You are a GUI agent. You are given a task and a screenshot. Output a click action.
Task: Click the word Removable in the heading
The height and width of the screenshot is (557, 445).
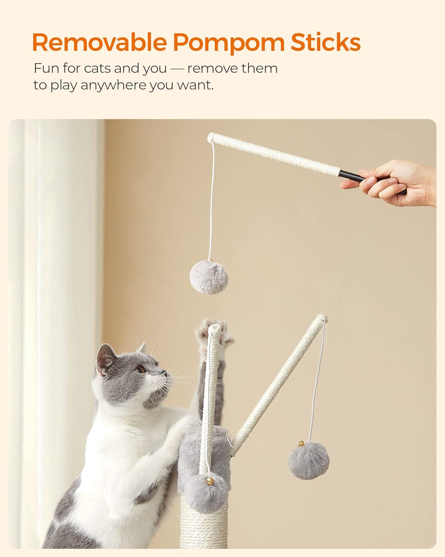click(x=99, y=42)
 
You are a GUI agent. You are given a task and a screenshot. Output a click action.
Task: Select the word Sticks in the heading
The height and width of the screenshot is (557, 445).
click(x=326, y=42)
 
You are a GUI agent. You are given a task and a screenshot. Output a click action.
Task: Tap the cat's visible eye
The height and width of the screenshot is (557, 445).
click(x=141, y=369)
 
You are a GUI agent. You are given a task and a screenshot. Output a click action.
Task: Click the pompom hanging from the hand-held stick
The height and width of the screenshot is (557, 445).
click(x=209, y=277)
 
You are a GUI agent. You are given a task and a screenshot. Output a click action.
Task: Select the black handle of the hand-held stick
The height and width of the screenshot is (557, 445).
click(x=372, y=182)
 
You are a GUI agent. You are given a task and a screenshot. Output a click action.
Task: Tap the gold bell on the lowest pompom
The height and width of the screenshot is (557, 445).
click(x=210, y=481)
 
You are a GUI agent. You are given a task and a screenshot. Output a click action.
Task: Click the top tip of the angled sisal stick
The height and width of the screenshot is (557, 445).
click(x=322, y=318)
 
